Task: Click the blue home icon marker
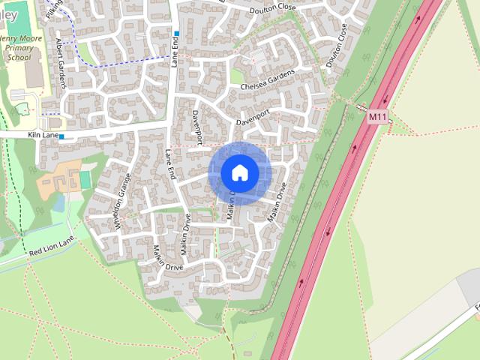coord(239,172)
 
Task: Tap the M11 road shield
coord(376,118)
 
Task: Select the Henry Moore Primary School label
coord(20,46)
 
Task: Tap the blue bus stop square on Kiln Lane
coord(61,136)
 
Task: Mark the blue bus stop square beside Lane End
coord(177,34)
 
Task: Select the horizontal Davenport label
coord(253,118)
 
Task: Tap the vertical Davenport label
coord(197,127)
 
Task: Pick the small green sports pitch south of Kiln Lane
coord(85,180)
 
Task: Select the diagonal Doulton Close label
coord(337,45)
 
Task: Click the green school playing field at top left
coord(18,15)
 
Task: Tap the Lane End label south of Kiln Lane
coord(170,163)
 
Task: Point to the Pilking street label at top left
coord(53,9)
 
